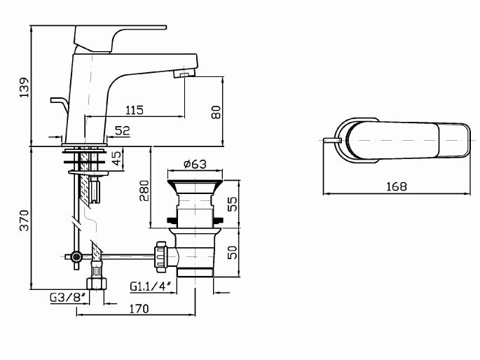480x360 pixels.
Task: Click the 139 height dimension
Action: pos(24,89)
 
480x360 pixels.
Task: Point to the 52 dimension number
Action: pos(122,130)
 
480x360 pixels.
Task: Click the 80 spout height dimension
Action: pos(216,111)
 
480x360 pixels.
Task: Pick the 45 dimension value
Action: pos(116,159)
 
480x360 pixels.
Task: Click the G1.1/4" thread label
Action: pos(150,286)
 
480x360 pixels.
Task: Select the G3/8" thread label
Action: pos(68,298)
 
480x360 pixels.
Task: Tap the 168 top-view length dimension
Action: pos(395,186)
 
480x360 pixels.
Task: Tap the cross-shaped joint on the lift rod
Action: pos(74,258)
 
